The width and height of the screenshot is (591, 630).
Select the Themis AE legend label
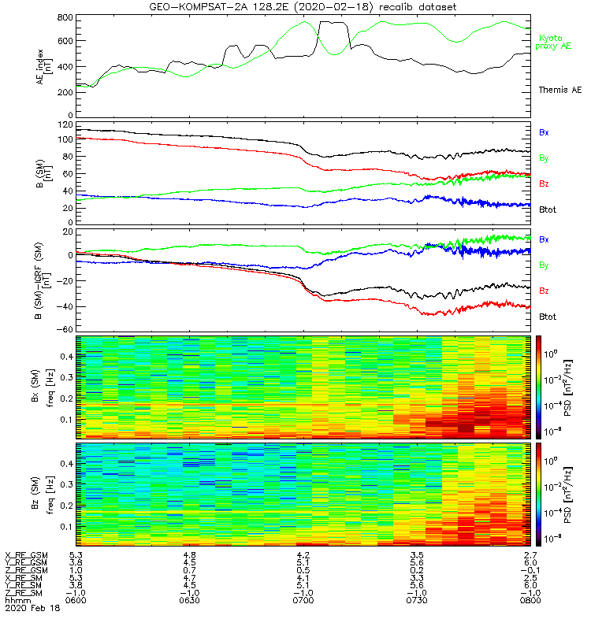[x=559, y=91]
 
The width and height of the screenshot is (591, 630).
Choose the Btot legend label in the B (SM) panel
[x=548, y=209]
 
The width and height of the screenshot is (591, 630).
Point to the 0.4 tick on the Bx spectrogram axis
[x=65, y=356]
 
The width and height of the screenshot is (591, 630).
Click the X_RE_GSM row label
[x=26, y=555]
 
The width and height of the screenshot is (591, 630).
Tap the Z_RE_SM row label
[x=26, y=592]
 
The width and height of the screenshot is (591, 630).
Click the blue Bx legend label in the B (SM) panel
[x=543, y=132]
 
